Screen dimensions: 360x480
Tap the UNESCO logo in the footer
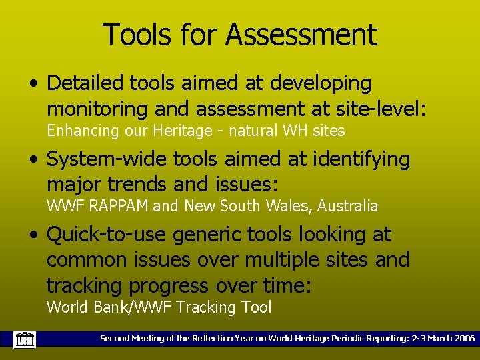click(25, 339)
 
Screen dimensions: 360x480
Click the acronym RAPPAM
click(116, 207)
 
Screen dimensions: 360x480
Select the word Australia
click(347, 207)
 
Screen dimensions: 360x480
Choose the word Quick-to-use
click(107, 235)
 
